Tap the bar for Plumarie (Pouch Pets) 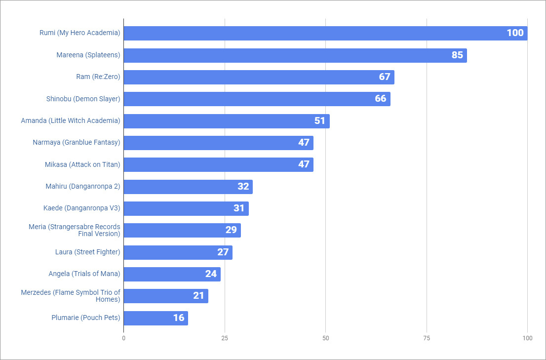tap(156, 318)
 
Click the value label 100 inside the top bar tap(515, 33)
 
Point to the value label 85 tap(457, 55)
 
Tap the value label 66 tap(381, 99)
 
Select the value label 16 tap(179, 318)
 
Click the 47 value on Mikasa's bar tap(304, 164)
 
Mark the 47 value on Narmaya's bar tap(304, 143)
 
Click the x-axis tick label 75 tap(427, 338)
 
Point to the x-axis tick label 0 tap(123, 338)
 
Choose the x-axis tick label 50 tap(325, 338)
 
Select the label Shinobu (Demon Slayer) tap(83, 99)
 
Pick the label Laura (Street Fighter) tap(87, 252)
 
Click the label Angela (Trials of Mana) tap(84, 274)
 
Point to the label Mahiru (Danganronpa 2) tap(82, 187)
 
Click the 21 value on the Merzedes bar tap(198, 296)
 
